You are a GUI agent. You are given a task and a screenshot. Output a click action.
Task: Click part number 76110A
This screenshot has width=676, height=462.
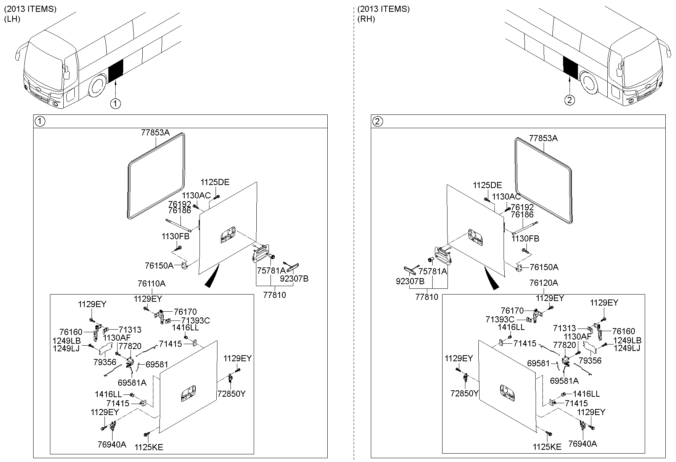point(151,284)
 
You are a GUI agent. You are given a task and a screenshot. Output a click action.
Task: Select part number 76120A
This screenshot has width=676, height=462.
point(544,283)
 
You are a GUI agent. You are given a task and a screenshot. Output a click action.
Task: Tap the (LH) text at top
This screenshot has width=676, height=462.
point(12,19)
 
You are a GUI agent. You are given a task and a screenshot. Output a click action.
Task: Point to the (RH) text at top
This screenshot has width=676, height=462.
point(366,19)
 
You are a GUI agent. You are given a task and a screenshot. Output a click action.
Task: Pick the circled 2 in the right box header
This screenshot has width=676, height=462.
point(377,122)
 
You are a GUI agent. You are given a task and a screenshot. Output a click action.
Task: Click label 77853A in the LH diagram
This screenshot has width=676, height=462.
point(155,133)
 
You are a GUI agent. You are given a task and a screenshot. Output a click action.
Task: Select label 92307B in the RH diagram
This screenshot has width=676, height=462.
point(410,282)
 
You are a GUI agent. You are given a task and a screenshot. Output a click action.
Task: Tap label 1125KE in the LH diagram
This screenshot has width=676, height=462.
point(149,447)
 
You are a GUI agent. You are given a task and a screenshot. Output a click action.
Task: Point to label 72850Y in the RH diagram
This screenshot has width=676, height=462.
point(464,393)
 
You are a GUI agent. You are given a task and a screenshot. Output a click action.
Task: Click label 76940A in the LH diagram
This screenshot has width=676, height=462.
point(112,444)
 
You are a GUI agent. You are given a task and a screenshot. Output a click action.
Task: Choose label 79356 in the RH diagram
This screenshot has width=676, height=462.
point(590,361)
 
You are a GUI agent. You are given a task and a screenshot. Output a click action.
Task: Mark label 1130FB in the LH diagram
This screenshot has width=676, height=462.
point(175,237)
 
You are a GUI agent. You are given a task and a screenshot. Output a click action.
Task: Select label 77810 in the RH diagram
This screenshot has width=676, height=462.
point(427,297)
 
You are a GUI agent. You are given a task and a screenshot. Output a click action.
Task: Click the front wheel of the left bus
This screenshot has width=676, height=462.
point(98,86)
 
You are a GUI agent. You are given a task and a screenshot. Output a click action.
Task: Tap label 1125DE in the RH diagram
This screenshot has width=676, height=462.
point(487,185)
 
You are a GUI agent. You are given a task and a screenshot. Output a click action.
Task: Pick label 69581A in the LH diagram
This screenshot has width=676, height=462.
point(132,382)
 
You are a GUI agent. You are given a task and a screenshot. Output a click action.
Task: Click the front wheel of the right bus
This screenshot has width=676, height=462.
point(589,85)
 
